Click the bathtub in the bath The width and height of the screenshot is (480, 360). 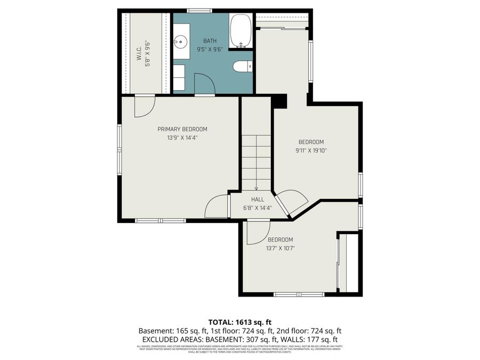coord(241,31)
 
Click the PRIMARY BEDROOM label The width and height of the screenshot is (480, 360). coord(182,129)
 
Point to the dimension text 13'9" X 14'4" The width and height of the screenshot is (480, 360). coord(182,138)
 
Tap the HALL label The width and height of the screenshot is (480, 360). coord(258,199)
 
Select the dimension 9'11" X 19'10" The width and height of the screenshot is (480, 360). coord(311,150)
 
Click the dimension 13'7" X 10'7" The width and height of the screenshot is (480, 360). coord(280,248)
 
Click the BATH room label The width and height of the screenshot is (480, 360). coord(210,41)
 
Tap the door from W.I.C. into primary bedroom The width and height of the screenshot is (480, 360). coord(144,106)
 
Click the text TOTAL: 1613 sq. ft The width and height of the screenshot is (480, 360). coord(239,322)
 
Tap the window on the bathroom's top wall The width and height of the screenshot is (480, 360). coord(199,10)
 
